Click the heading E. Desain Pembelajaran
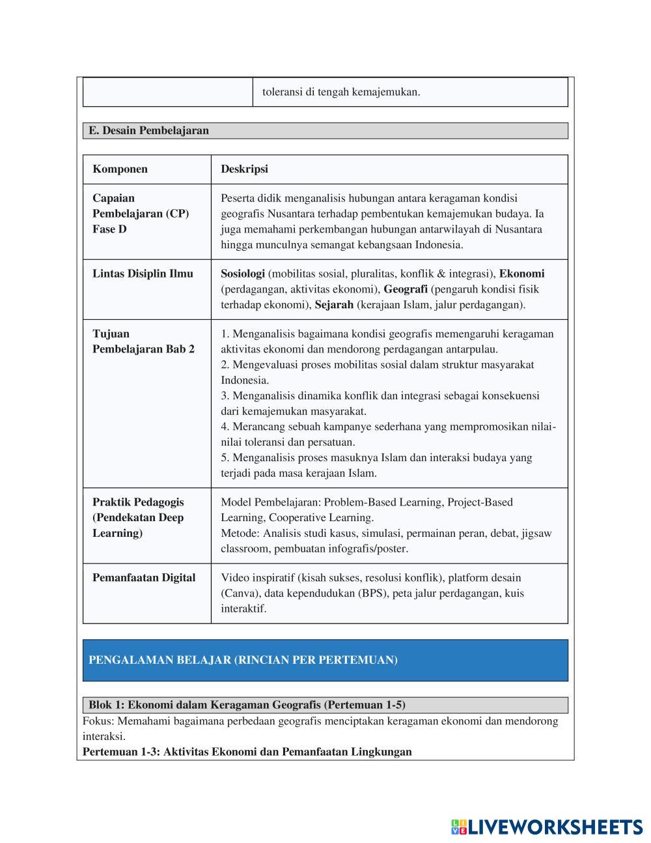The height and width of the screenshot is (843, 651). (x=148, y=130)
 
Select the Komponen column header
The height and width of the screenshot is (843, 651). (x=120, y=169)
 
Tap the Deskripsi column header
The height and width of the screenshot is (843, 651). (x=244, y=169)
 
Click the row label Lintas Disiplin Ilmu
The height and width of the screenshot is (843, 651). (x=143, y=274)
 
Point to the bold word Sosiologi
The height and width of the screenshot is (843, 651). (x=243, y=274)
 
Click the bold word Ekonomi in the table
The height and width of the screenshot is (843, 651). (x=521, y=274)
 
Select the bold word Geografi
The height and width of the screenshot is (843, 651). (x=405, y=289)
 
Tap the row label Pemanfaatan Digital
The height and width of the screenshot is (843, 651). (x=144, y=578)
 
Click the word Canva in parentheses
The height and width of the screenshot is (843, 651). (x=238, y=593)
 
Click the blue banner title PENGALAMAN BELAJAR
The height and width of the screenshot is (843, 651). (x=243, y=660)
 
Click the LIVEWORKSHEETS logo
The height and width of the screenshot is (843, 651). (x=547, y=827)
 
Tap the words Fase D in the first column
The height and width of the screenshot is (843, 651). (x=109, y=229)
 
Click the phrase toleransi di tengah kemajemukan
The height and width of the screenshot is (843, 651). (x=341, y=92)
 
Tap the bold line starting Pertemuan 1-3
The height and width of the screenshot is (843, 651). (x=247, y=752)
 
